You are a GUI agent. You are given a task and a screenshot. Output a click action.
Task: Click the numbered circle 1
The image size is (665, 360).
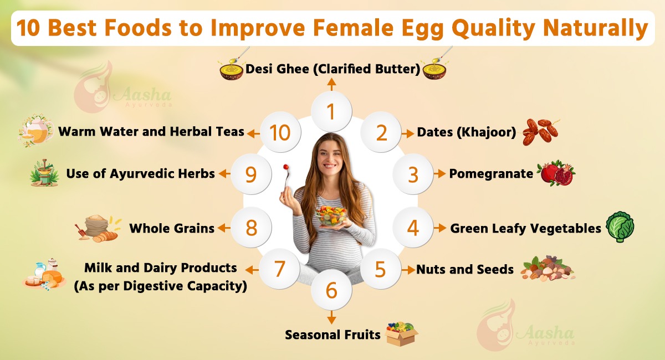point(331,112)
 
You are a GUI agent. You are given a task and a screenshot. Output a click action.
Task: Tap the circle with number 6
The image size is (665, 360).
point(331,290)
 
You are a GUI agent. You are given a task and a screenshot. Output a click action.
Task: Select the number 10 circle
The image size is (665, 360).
point(280,133)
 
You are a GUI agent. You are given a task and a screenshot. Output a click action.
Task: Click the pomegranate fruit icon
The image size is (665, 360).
point(556,174)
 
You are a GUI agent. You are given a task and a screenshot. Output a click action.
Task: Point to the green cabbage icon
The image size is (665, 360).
point(620,227)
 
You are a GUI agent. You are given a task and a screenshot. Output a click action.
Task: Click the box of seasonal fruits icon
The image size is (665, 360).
point(401,333)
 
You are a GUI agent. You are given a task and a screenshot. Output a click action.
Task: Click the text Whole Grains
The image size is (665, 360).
point(172,228)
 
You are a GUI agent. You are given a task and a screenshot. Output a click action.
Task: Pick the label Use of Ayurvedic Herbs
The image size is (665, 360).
point(140,173)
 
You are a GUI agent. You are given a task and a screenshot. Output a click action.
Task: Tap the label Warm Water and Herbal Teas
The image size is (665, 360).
point(151,132)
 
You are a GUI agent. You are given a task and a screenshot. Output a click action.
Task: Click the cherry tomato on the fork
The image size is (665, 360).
point(286,167)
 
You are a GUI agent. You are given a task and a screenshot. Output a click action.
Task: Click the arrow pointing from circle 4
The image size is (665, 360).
point(439,228)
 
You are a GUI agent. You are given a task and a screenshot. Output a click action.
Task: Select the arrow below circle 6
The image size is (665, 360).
point(331,317)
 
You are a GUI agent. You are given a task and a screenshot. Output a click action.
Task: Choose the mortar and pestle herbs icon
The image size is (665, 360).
point(44,173)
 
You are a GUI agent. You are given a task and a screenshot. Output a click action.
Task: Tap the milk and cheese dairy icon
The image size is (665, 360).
point(44,274)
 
